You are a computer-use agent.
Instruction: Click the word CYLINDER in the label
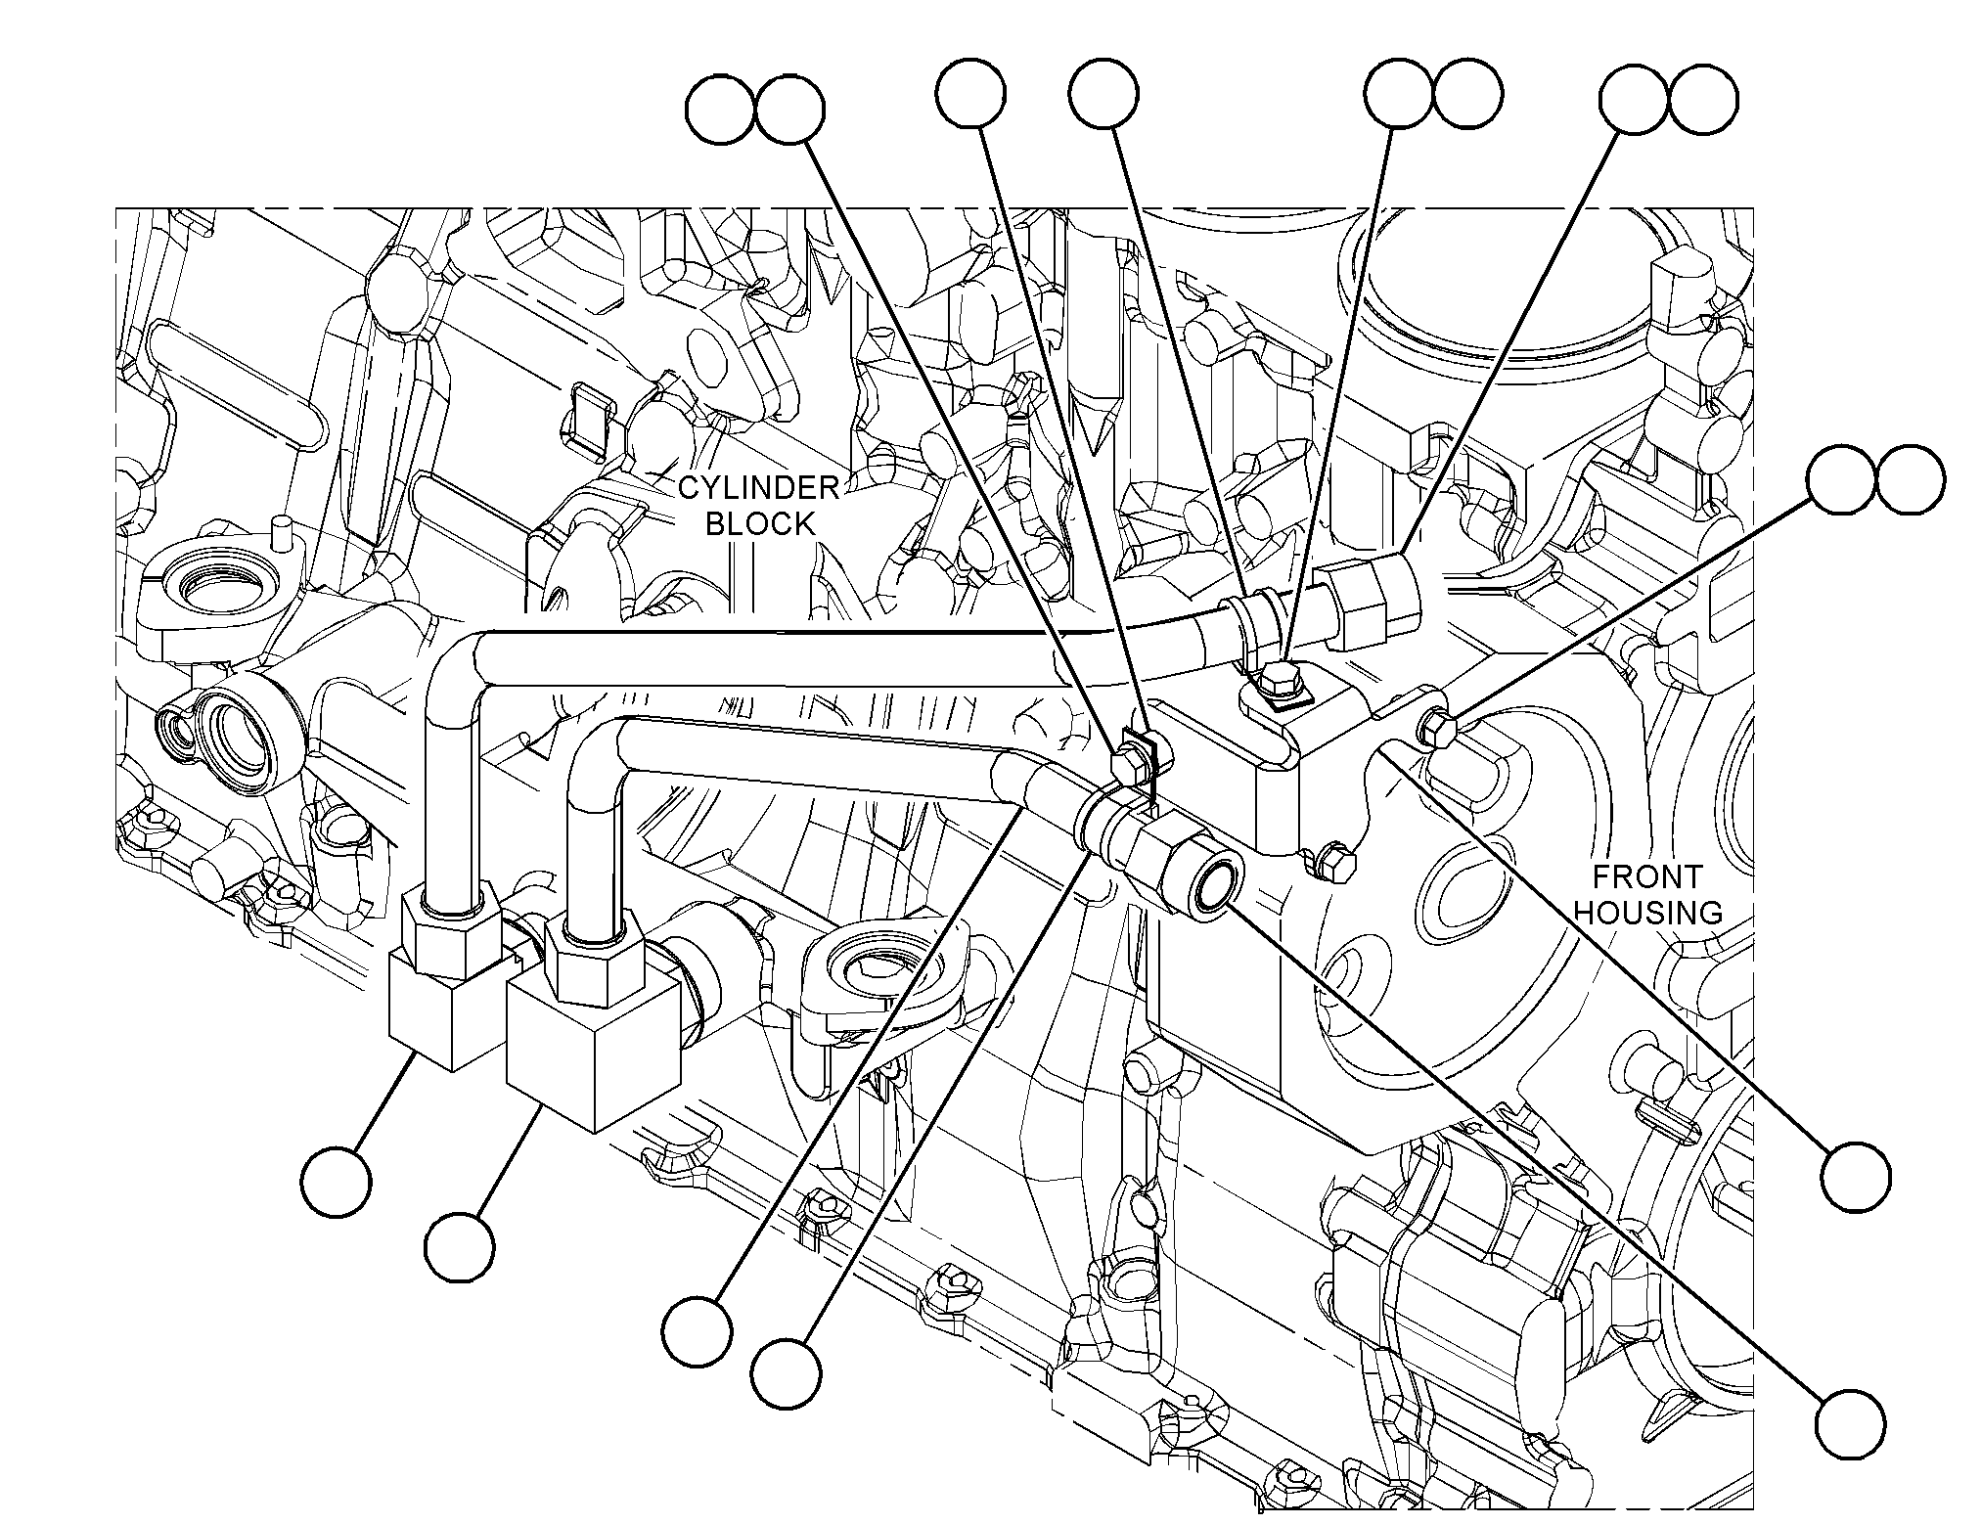click(x=759, y=487)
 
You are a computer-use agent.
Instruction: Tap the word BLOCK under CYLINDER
click(x=760, y=524)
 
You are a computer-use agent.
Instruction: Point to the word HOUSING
click(x=1648, y=913)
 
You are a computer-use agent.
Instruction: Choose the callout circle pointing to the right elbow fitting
click(x=460, y=1246)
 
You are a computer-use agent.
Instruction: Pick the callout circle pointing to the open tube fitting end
click(x=1850, y=1422)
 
